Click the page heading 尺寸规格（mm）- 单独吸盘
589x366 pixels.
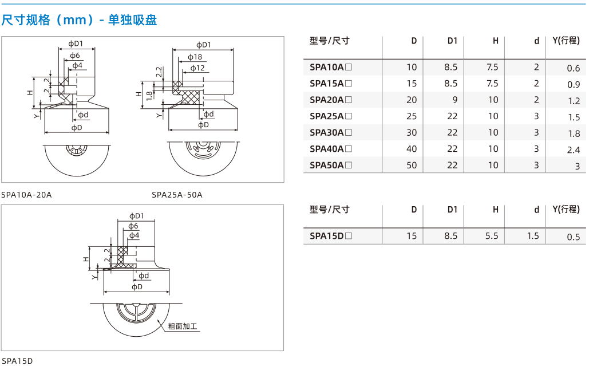(79, 19)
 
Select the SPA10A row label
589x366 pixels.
(331, 67)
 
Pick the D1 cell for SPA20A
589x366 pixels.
(454, 100)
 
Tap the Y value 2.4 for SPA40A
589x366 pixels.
(574, 150)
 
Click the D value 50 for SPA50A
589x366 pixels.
(412, 165)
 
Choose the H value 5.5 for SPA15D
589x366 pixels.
(491, 236)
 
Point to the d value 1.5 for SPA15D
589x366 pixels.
(533, 236)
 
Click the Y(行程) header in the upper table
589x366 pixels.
(566, 41)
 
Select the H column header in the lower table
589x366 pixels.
(496, 210)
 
